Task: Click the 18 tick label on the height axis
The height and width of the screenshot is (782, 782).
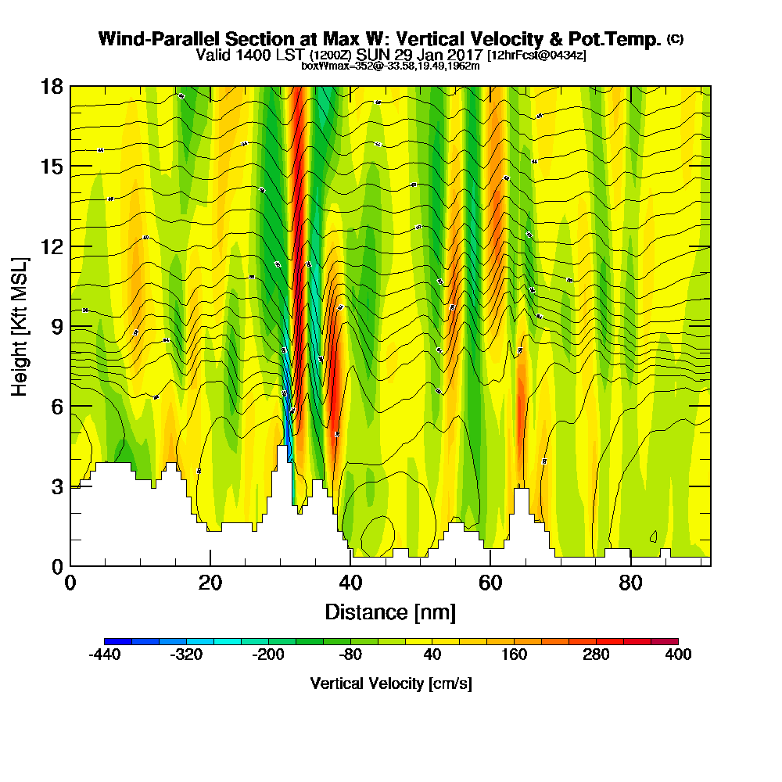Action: tap(52, 86)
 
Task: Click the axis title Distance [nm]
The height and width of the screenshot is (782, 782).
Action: tap(390, 612)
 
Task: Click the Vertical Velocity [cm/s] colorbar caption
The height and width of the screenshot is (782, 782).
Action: tap(391, 683)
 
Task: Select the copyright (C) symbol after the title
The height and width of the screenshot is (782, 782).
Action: tap(675, 38)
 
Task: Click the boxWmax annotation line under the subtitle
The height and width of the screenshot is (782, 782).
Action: tap(390, 66)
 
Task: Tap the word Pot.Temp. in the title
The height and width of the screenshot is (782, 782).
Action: tap(615, 39)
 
